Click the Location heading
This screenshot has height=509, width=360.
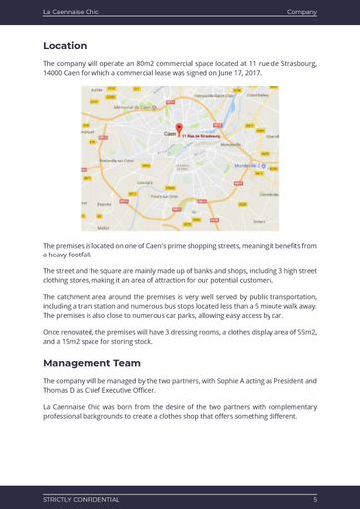[x=65, y=46]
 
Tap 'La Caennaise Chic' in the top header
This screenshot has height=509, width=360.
[x=71, y=12]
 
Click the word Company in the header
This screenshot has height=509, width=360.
[x=301, y=12]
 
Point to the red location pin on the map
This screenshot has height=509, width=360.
[x=179, y=128]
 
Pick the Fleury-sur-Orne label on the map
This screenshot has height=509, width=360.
[x=164, y=197]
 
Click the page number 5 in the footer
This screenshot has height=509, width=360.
[x=315, y=499]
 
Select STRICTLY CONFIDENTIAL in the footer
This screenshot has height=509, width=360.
[x=81, y=499]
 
